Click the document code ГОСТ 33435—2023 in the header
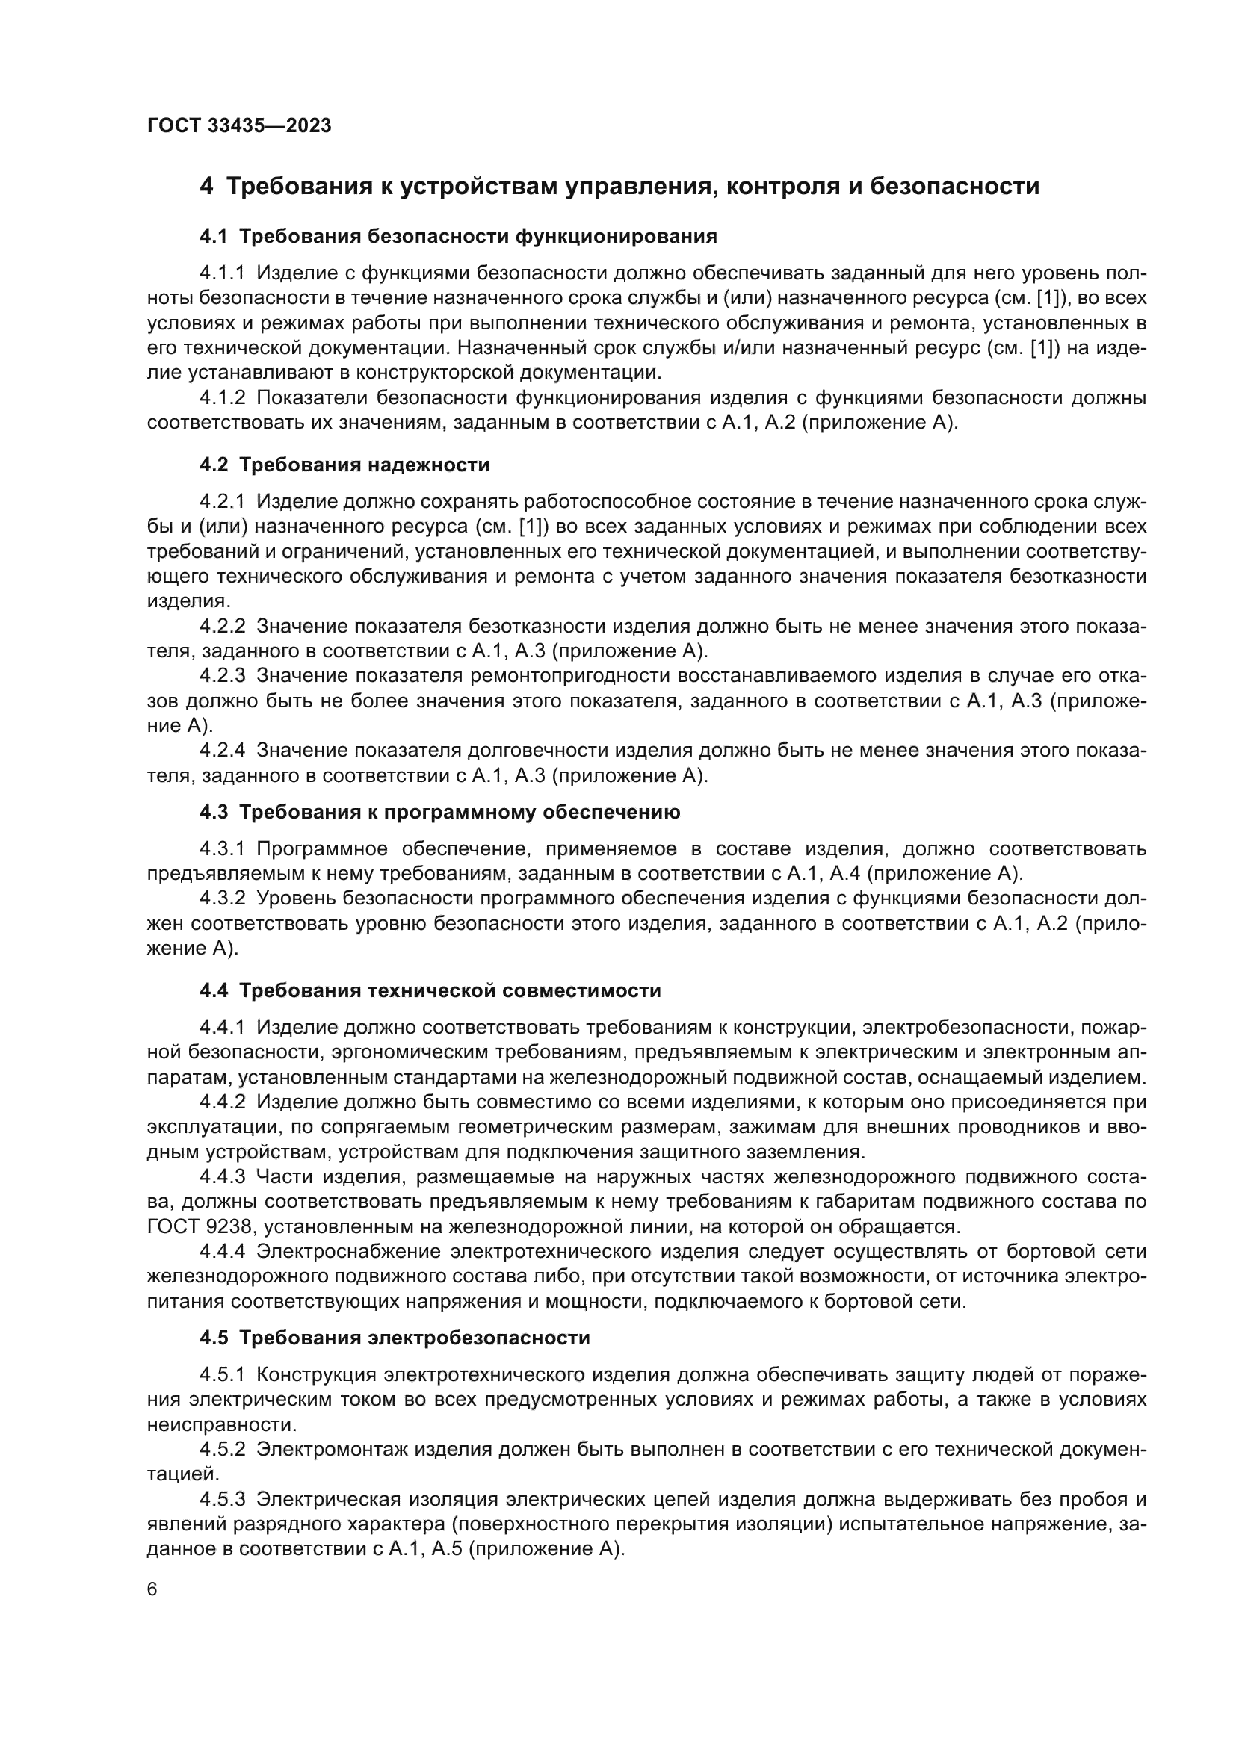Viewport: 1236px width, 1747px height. [239, 126]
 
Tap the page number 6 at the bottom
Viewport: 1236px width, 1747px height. [152, 1590]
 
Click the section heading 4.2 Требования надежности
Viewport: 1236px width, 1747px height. [344, 465]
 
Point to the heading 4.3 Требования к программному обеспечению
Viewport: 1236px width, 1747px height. [440, 813]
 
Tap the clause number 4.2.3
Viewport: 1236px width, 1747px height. [222, 676]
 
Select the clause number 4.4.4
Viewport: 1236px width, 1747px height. [222, 1251]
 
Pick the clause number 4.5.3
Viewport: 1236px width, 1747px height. [222, 1500]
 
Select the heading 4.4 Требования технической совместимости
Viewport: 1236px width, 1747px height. [430, 990]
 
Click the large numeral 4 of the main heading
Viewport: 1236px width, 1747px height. [206, 187]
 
